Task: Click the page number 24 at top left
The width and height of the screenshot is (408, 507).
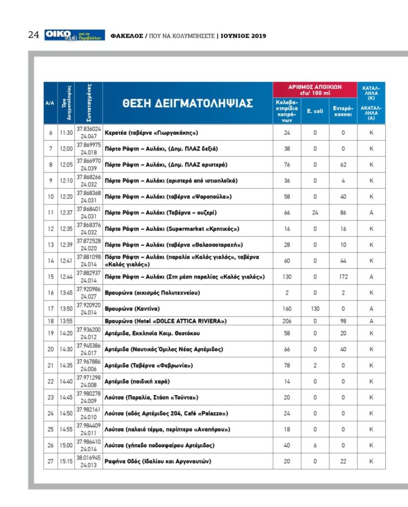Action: coord(33,35)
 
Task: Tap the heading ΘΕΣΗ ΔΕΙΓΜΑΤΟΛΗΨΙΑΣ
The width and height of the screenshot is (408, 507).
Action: coord(188,103)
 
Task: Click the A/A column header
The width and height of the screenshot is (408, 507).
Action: coord(51,103)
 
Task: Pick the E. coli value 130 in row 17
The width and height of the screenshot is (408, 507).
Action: coord(315,308)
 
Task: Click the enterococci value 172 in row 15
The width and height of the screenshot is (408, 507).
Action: coord(343,277)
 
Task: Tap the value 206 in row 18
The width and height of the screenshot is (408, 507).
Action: coord(287,321)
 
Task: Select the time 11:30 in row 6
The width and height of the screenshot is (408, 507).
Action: coord(66,133)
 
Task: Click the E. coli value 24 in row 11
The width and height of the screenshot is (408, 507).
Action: coord(315,213)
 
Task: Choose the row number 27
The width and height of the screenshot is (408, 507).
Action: coord(51,461)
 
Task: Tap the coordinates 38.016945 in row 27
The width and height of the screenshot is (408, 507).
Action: coord(89,458)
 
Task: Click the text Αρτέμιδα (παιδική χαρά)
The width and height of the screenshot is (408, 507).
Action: coord(137,382)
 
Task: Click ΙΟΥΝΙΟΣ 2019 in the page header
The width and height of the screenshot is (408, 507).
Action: coord(243,36)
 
